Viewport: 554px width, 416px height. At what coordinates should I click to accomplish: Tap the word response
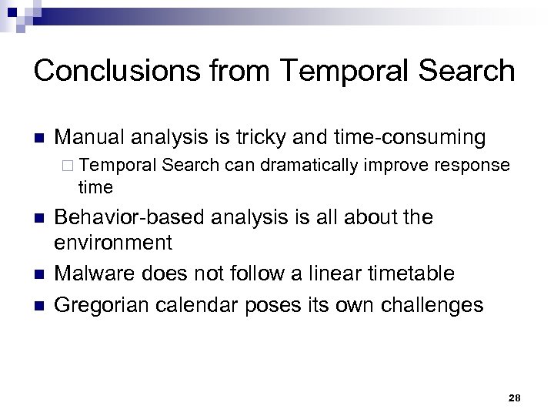tap(472, 165)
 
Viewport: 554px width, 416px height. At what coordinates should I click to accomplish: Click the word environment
tap(113, 243)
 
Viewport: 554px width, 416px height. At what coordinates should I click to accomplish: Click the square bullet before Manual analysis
tap(39, 139)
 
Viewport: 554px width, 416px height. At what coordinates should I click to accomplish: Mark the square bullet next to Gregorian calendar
tap(39, 305)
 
